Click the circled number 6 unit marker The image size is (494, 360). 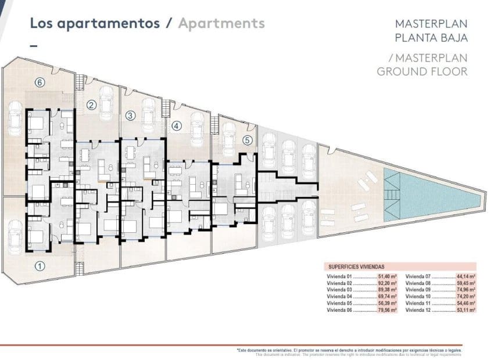[x=39, y=82]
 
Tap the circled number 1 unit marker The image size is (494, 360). [x=39, y=267]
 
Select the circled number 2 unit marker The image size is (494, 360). [x=91, y=105]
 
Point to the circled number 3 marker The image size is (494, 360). [x=131, y=116]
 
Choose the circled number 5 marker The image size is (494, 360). [x=247, y=140]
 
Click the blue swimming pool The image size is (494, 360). [x=430, y=195]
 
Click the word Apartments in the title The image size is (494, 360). [x=221, y=23]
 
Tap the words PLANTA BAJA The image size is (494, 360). [x=431, y=38]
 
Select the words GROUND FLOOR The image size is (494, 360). [x=422, y=71]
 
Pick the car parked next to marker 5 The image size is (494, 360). [x=227, y=133]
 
